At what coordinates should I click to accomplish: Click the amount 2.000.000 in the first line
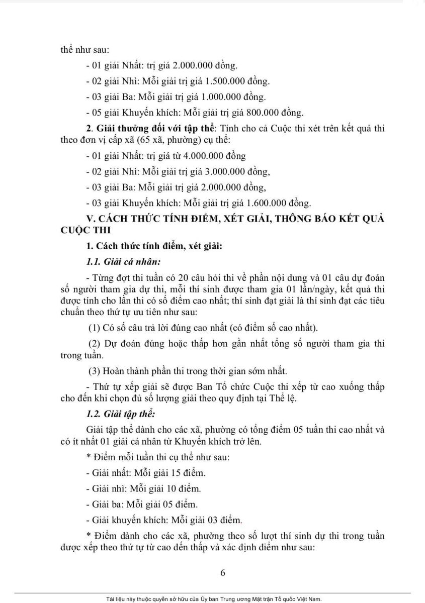point(193,65)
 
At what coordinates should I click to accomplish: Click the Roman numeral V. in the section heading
point(91,219)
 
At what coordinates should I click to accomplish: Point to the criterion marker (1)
point(94,329)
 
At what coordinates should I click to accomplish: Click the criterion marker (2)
point(95,344)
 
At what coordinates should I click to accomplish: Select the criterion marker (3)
point(95,371)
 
